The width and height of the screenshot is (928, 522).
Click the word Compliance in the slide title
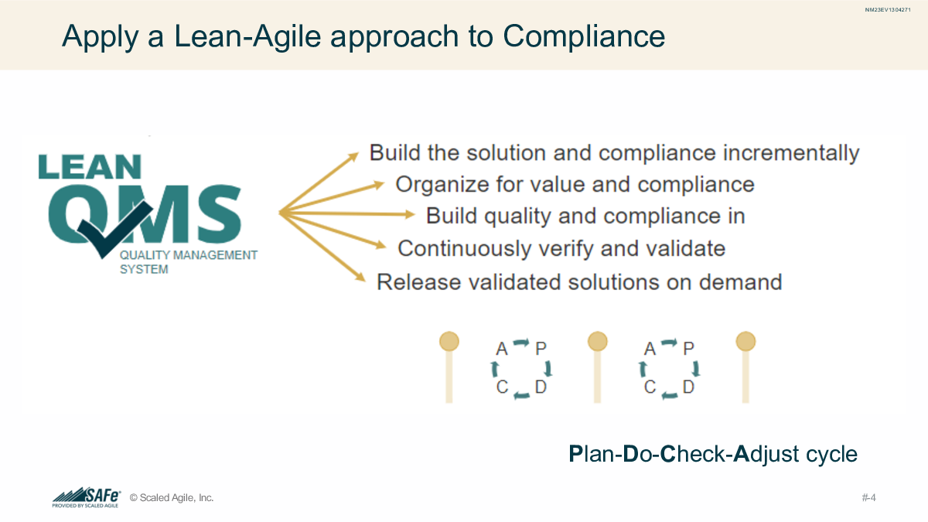(x=584, y=36)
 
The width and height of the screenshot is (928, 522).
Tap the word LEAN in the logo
(x=90, y=167)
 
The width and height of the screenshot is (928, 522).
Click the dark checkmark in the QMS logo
(x=114, y=229)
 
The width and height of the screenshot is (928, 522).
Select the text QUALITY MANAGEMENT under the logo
(x=189, y=254)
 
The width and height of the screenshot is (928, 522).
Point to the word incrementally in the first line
(x=791, y=153)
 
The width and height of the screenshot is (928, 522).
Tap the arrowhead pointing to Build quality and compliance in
(x=409, y=214)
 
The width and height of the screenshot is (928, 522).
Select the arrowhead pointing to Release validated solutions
(x=360, y=277)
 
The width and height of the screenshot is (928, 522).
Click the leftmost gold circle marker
(x=449, y=341)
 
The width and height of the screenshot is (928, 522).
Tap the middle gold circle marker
(x=597, y=341)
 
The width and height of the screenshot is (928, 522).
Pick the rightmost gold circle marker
(x=745, y=341)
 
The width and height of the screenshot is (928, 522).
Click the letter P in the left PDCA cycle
(x=541, y=349)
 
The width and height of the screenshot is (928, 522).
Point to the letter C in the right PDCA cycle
(x=650, y=387)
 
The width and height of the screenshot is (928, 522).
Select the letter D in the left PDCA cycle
(x=541, y=387)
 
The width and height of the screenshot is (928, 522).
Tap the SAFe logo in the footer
(x=87, y=496)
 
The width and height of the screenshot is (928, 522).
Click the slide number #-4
(x=868, y=497)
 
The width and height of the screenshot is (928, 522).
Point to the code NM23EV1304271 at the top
(x=888, y=9)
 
